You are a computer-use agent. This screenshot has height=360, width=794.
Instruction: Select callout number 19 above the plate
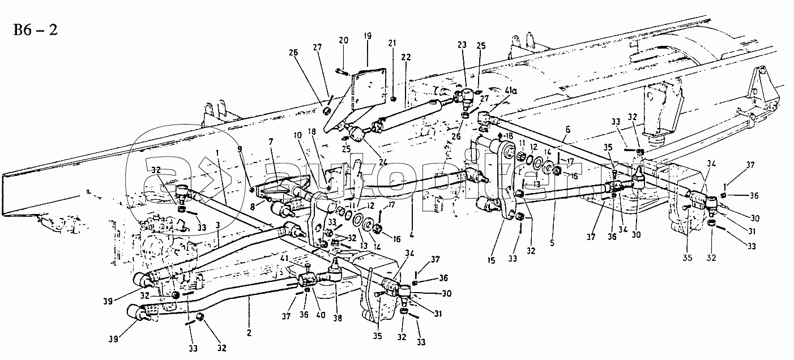[368, 36]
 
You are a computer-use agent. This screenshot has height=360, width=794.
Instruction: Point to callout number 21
[392, 44]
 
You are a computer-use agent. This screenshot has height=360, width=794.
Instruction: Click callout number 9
[240, 149]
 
